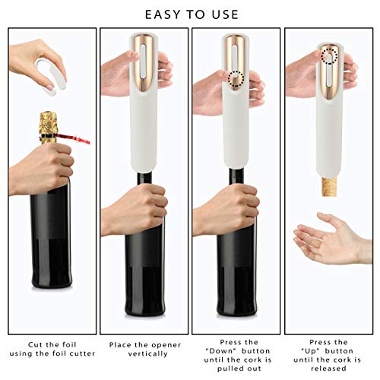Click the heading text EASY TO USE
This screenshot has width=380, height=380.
[189, 14]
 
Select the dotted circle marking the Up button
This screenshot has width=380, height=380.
[328, 55]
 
